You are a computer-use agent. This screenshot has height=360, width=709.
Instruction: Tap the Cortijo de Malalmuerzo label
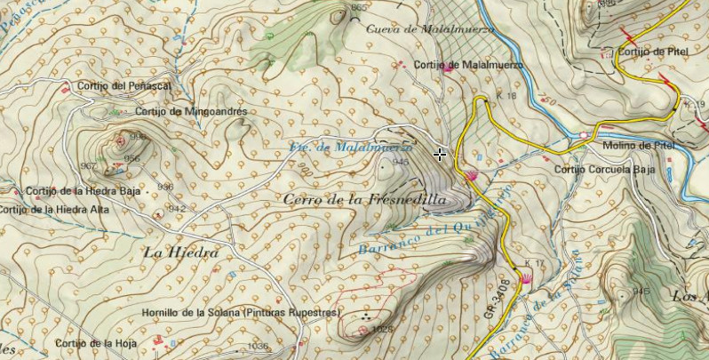467,65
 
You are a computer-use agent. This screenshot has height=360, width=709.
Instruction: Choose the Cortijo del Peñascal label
123,85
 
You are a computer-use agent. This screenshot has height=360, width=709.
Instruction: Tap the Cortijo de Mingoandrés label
191,112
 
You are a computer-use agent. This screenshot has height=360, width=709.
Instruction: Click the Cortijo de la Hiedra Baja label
84,191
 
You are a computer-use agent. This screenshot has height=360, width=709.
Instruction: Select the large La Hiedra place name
180,252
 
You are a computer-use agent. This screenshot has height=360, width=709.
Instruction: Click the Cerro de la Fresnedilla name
364,200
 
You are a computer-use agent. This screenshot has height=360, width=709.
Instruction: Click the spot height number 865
358,8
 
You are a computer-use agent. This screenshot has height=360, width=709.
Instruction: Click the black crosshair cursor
440,155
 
